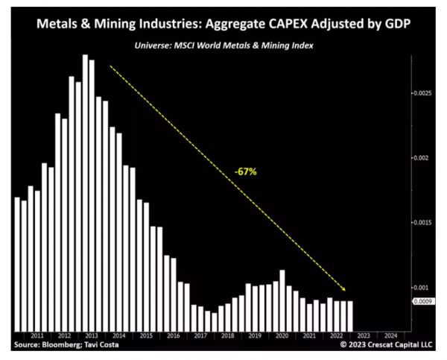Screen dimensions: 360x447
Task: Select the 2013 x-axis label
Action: tap(92, 336)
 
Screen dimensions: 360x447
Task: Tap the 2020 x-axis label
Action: tap(282, 336)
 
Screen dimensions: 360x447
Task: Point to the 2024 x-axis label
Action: tap(390, 336)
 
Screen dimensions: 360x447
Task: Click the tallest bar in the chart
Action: tap(85, 192)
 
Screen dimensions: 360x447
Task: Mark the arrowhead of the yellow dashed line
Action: tap(345, 290)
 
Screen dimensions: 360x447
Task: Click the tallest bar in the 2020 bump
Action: tap(282, 300)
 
